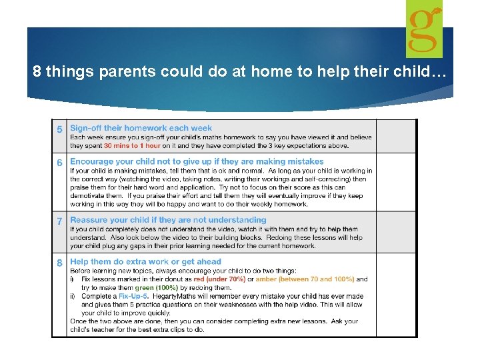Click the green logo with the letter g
pos(424,29)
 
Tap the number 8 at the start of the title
pos(37,72)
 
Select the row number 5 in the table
pos(60,129)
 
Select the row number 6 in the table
pos(60,162)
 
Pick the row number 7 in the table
pos(60,221)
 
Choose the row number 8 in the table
pos(60,263)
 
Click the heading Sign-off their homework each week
pos(141,128)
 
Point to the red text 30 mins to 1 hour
pos(131,146)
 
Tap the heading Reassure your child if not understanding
pos(168,220)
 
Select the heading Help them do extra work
pos(145,262)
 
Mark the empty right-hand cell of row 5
pos(396,136)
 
